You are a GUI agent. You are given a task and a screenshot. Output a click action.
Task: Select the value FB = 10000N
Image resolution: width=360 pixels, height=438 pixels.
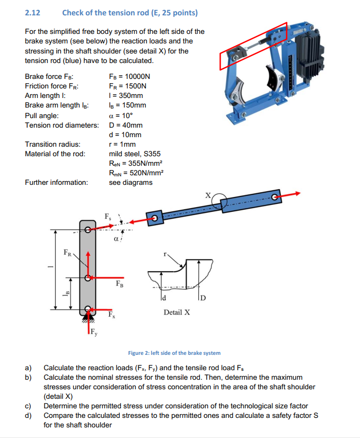pos(129,76)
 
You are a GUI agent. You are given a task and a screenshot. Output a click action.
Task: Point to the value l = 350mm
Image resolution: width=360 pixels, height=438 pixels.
pos(126,95)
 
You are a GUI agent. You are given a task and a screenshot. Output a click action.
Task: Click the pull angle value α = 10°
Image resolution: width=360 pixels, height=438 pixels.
pos(120,115)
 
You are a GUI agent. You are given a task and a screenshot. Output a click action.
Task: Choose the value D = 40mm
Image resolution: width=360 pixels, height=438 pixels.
pos(126,125)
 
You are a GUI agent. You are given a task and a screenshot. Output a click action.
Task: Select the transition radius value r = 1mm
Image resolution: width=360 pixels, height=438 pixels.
pos(122,144)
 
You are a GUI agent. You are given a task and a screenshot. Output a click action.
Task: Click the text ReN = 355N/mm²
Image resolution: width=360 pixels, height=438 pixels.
pos(135,163)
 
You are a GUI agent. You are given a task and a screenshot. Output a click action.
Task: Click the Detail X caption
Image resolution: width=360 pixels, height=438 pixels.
pos(177,312)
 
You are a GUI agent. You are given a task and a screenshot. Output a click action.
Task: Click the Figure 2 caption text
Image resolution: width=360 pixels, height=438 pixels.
pos(174,353)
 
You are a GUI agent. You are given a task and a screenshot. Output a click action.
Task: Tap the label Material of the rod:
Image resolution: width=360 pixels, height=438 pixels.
pos(55,154)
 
